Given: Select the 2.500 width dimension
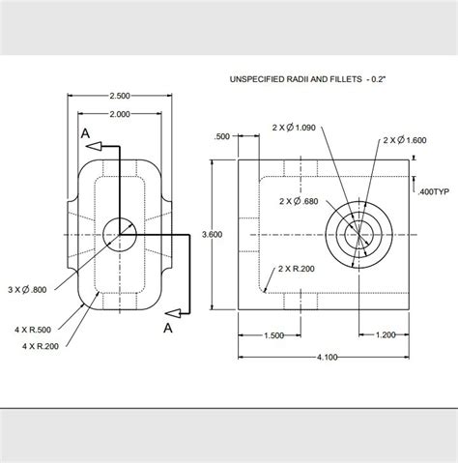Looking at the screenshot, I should pos(119,96).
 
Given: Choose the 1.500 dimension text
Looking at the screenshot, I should pos(273,334).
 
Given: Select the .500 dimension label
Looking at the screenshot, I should pos(222,136).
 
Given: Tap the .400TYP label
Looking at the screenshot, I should pos(434,192).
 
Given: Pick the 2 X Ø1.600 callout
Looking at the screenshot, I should pos(404,140).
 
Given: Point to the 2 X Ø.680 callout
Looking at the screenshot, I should pos(298,201).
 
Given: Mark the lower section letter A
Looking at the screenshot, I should pos(167,328).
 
